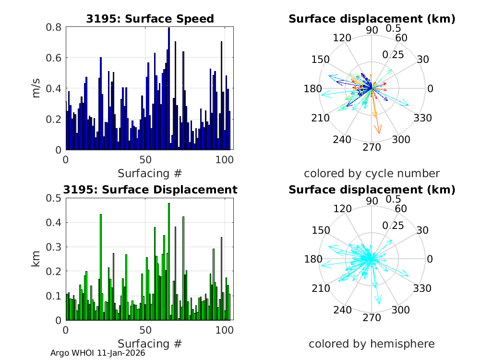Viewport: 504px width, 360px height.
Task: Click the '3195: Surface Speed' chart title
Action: (x=150, y=19)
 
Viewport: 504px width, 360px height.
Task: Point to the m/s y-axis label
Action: (x=37, y=88)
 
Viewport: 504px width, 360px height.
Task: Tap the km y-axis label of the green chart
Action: (x=37, y=259)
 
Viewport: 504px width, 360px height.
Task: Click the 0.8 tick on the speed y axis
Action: (x=53, y=27)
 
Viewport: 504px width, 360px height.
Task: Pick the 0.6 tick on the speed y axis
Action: (x=53, y=58)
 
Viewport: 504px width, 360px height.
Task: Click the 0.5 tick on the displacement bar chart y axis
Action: (x=53, y=198)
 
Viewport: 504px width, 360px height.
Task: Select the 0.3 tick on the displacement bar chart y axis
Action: (x=53, y=247)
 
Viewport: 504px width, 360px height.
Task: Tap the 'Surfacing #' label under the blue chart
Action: (x=150, y=173)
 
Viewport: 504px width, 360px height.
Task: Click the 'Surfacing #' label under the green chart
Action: (x=150, y=344)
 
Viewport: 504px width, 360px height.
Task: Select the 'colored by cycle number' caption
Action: (x=372, y=173)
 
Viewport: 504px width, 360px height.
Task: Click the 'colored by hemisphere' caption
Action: (x=372, y=344)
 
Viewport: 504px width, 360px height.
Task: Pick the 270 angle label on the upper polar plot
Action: (x=372, y=147)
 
